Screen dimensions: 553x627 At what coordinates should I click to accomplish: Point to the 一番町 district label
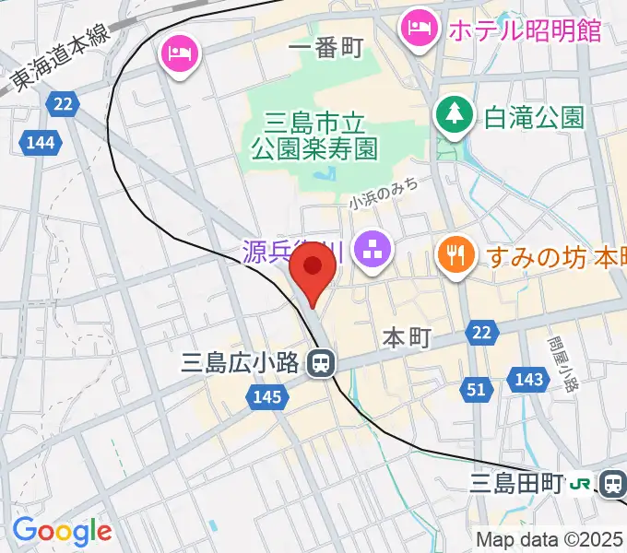click(x=325, y=48)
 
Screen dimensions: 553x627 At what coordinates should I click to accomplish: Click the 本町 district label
click(x=402, y=339)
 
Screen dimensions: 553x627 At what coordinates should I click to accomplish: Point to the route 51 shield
click(x=476, y=390)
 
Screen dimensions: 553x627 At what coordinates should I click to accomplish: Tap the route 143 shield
click(x=529, y=379)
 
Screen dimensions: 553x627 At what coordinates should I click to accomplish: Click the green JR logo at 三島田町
click(x=582, y=482)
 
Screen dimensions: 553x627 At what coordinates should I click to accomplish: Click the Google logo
click(x=62, y=532)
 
